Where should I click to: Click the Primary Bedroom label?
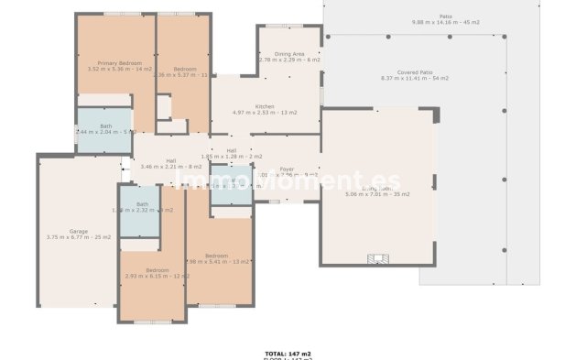(119, 62)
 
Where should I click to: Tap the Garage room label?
(78, 231)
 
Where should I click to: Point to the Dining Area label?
(288, 53)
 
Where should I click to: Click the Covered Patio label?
(416, 72)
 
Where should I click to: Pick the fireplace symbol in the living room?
(375, 257)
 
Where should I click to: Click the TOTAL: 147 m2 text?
(288, 352)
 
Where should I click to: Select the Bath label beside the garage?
(142, 204)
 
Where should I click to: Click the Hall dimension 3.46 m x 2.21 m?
(171, 167)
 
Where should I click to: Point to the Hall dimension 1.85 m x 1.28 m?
(232, 156)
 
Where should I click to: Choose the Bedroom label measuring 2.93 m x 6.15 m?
(157, 275)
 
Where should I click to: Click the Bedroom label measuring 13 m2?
(216, 255)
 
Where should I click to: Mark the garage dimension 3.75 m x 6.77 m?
(78, 237)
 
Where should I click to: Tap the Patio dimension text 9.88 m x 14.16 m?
(445, 21)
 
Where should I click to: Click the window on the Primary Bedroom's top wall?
(116, 14)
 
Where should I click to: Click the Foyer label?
(287, 169)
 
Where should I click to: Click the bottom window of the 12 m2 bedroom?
(153, 322)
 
